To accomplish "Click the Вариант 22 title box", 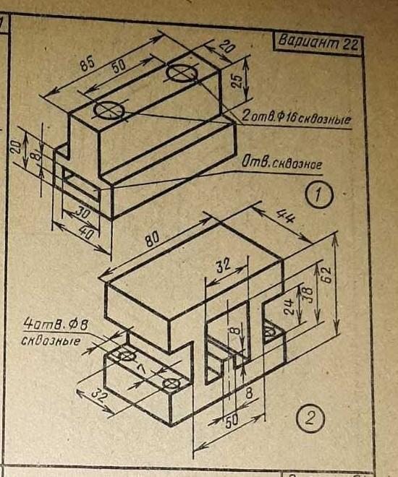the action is coord(318,44).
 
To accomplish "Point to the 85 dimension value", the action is coord(88,64).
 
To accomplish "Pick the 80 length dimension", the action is coord(153,239).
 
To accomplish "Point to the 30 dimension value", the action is coord(82,212).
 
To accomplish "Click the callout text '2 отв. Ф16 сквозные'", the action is coord(295,117).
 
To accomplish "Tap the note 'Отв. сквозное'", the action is coord(281,164).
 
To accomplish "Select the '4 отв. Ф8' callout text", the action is coord(56,325).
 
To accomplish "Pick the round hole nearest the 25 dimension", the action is coord(181,73).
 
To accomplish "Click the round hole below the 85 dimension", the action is coord(109,110).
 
